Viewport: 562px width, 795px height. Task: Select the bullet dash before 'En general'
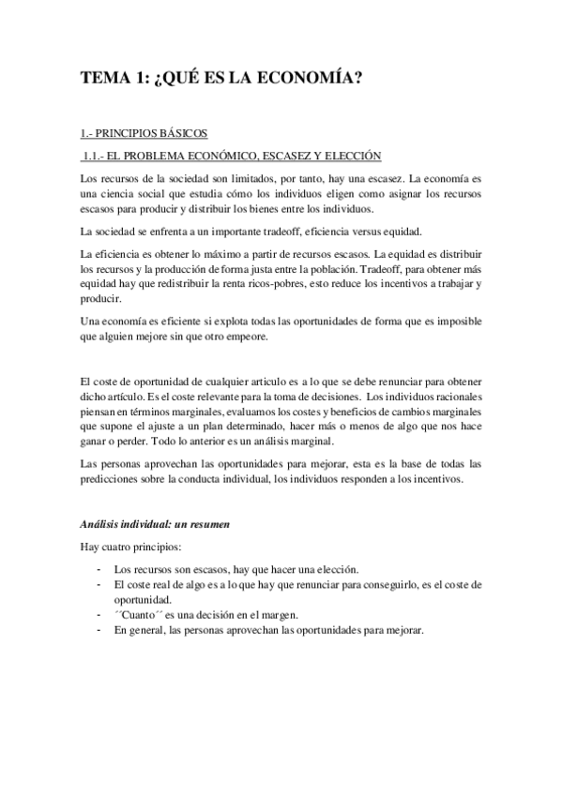[99, 630]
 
